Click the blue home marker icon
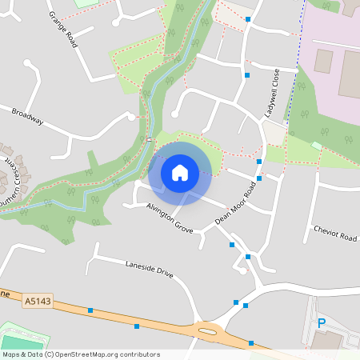tap(180, 172)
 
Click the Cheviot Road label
tap(334, 233)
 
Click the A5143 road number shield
tap(37, 301)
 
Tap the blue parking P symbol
tap(322, 323)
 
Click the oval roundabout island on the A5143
tap(208, 330)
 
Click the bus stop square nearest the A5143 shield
tap(90, 310)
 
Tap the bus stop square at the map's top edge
tap(248, 18)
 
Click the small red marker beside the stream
tap(149, 139)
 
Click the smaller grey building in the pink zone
tap(323, 61)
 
